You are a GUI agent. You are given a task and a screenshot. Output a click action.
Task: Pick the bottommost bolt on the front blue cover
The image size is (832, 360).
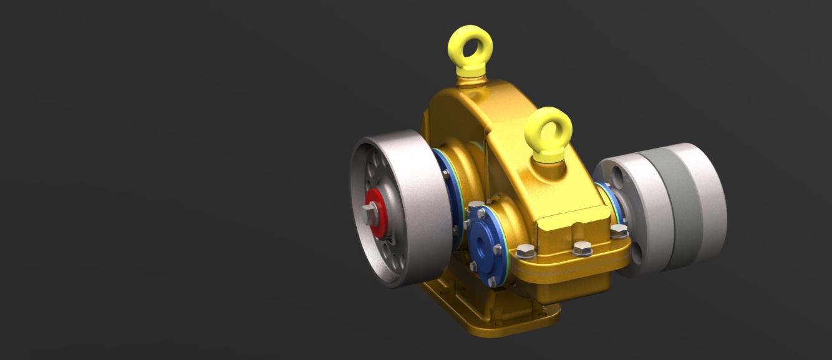pos(491,281)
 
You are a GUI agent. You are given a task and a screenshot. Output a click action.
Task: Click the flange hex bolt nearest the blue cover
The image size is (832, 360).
pos(526,251)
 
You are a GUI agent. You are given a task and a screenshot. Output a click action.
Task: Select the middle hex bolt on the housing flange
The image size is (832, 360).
pos(582,248)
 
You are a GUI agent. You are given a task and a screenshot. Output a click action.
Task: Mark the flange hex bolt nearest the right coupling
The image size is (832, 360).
pos(619,231)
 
